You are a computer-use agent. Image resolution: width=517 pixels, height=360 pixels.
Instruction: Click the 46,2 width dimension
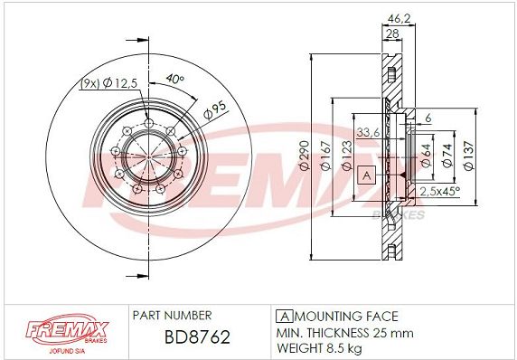pyautogui.click(x=399, y=19)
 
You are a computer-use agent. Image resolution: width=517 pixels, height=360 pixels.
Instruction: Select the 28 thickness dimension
pyautogui.click(x=392, y=33)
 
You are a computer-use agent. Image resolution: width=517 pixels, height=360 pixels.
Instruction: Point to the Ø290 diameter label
pyautogui.click(x=305, y=155)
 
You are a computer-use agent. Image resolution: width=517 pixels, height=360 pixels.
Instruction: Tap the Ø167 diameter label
pyautogui.click(x=325, y=156)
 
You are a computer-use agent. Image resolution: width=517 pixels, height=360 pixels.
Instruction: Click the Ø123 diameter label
pyautogui.click(x=347, y=156)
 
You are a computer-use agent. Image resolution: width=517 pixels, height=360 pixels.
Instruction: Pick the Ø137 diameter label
pyautogui.click(x=468, y=156)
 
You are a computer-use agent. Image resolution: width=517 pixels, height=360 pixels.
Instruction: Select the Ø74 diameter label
pyautogui.click(x=447, y=156)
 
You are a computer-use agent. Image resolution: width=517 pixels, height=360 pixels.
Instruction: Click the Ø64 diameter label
pyautogui.click(x=427, y=156)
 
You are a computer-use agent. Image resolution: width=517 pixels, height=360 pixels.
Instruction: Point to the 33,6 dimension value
pyautogui.click(x=368, y=132)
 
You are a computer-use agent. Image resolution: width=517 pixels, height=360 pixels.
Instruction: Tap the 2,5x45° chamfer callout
pyautogui.click(x=439, y=191)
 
